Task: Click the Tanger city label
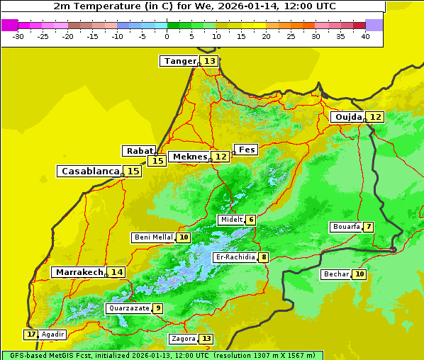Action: point(179,62)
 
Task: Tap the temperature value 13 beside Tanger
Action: point(210,62)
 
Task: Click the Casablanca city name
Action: point(89,171)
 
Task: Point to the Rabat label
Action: point(139,151)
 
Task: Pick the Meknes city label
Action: point(189,157)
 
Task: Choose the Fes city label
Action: point(246,150)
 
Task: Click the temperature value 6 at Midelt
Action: point(250,220)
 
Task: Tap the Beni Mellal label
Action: point(152,237)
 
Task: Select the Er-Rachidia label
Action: point(235,257)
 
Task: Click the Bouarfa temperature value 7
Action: point(368,227)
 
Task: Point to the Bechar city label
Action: point(336,274)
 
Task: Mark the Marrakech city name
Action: point(79,272)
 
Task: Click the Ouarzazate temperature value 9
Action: point(157,308)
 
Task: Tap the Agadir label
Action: point(52,334)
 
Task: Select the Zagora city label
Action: point(183,339)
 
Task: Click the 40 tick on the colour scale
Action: point(365,36)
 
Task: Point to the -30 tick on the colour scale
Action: point(18,36)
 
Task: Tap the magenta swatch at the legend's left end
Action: point(9,25)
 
